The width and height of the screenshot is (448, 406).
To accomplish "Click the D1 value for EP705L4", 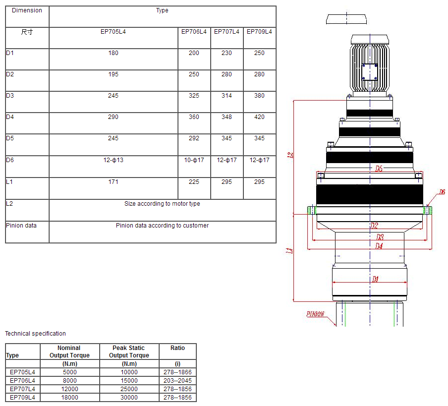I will click(113, 53).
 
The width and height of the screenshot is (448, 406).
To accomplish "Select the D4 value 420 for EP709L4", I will click(259, 117).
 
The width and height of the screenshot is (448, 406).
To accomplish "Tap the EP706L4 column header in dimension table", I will click(194, 32).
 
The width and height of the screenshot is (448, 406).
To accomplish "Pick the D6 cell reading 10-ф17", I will click(194, 160).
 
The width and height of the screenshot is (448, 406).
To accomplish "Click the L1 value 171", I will click(113, 182).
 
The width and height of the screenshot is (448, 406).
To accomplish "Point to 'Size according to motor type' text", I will click(162, 204).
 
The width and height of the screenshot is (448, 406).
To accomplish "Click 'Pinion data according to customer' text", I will click(162, 226).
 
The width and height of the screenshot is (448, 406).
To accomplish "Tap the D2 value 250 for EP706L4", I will click(194, 74).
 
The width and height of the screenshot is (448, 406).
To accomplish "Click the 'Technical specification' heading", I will click(35, 334).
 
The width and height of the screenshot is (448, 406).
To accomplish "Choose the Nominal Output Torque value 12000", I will click(69, 389).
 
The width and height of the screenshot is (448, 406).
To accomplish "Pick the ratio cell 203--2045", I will click(177, 381).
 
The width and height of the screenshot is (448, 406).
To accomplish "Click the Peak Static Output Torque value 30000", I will click(129, 398).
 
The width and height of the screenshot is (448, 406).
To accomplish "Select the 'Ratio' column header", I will click(177, 348).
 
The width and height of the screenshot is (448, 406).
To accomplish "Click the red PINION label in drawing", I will click(315, 314).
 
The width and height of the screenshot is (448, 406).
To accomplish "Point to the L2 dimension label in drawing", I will click(291, 155).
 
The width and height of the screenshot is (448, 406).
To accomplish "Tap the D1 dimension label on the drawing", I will click(375, 280).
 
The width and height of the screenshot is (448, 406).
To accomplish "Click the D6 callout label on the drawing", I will click(442, 192).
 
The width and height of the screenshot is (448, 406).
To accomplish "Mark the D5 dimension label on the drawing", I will click(379, 169).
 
